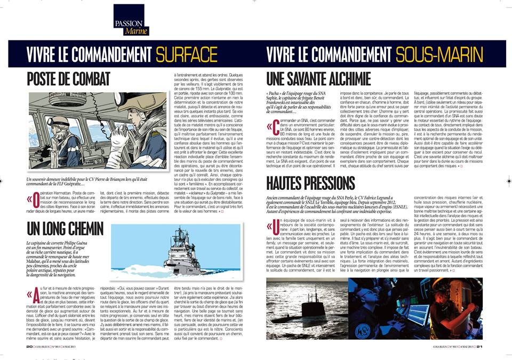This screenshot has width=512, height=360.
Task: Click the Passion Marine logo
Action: click(128, 20)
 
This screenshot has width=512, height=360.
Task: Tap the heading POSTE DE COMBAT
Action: click(73, 79)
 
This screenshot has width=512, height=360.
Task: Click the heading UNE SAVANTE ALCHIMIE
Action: click(318, 79)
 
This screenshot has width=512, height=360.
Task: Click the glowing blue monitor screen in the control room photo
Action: click(419, 315)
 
